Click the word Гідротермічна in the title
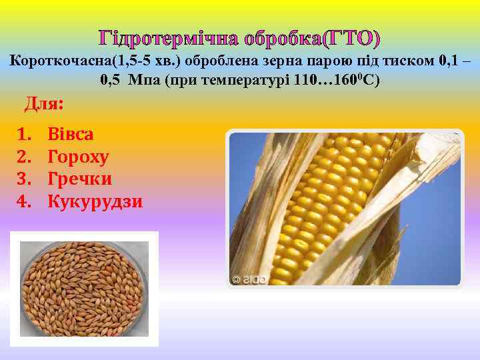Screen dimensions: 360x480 click(169, 39)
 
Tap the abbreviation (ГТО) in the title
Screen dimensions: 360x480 click(351, 39)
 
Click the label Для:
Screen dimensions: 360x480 click(44, 104)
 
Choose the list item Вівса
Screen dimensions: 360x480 click(71, 134)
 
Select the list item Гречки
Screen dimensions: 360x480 click(79, 179)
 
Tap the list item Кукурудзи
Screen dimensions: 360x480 click(95, 201)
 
